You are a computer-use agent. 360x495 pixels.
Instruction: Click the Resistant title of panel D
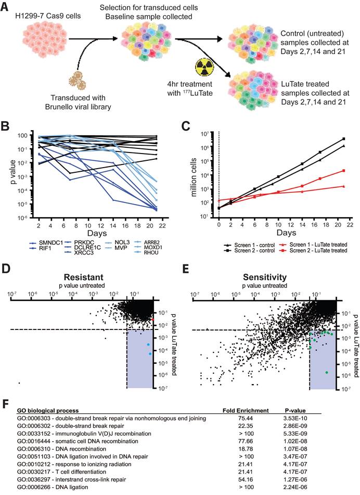coord(85,276)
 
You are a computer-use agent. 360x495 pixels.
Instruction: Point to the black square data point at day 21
coord(343,139)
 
